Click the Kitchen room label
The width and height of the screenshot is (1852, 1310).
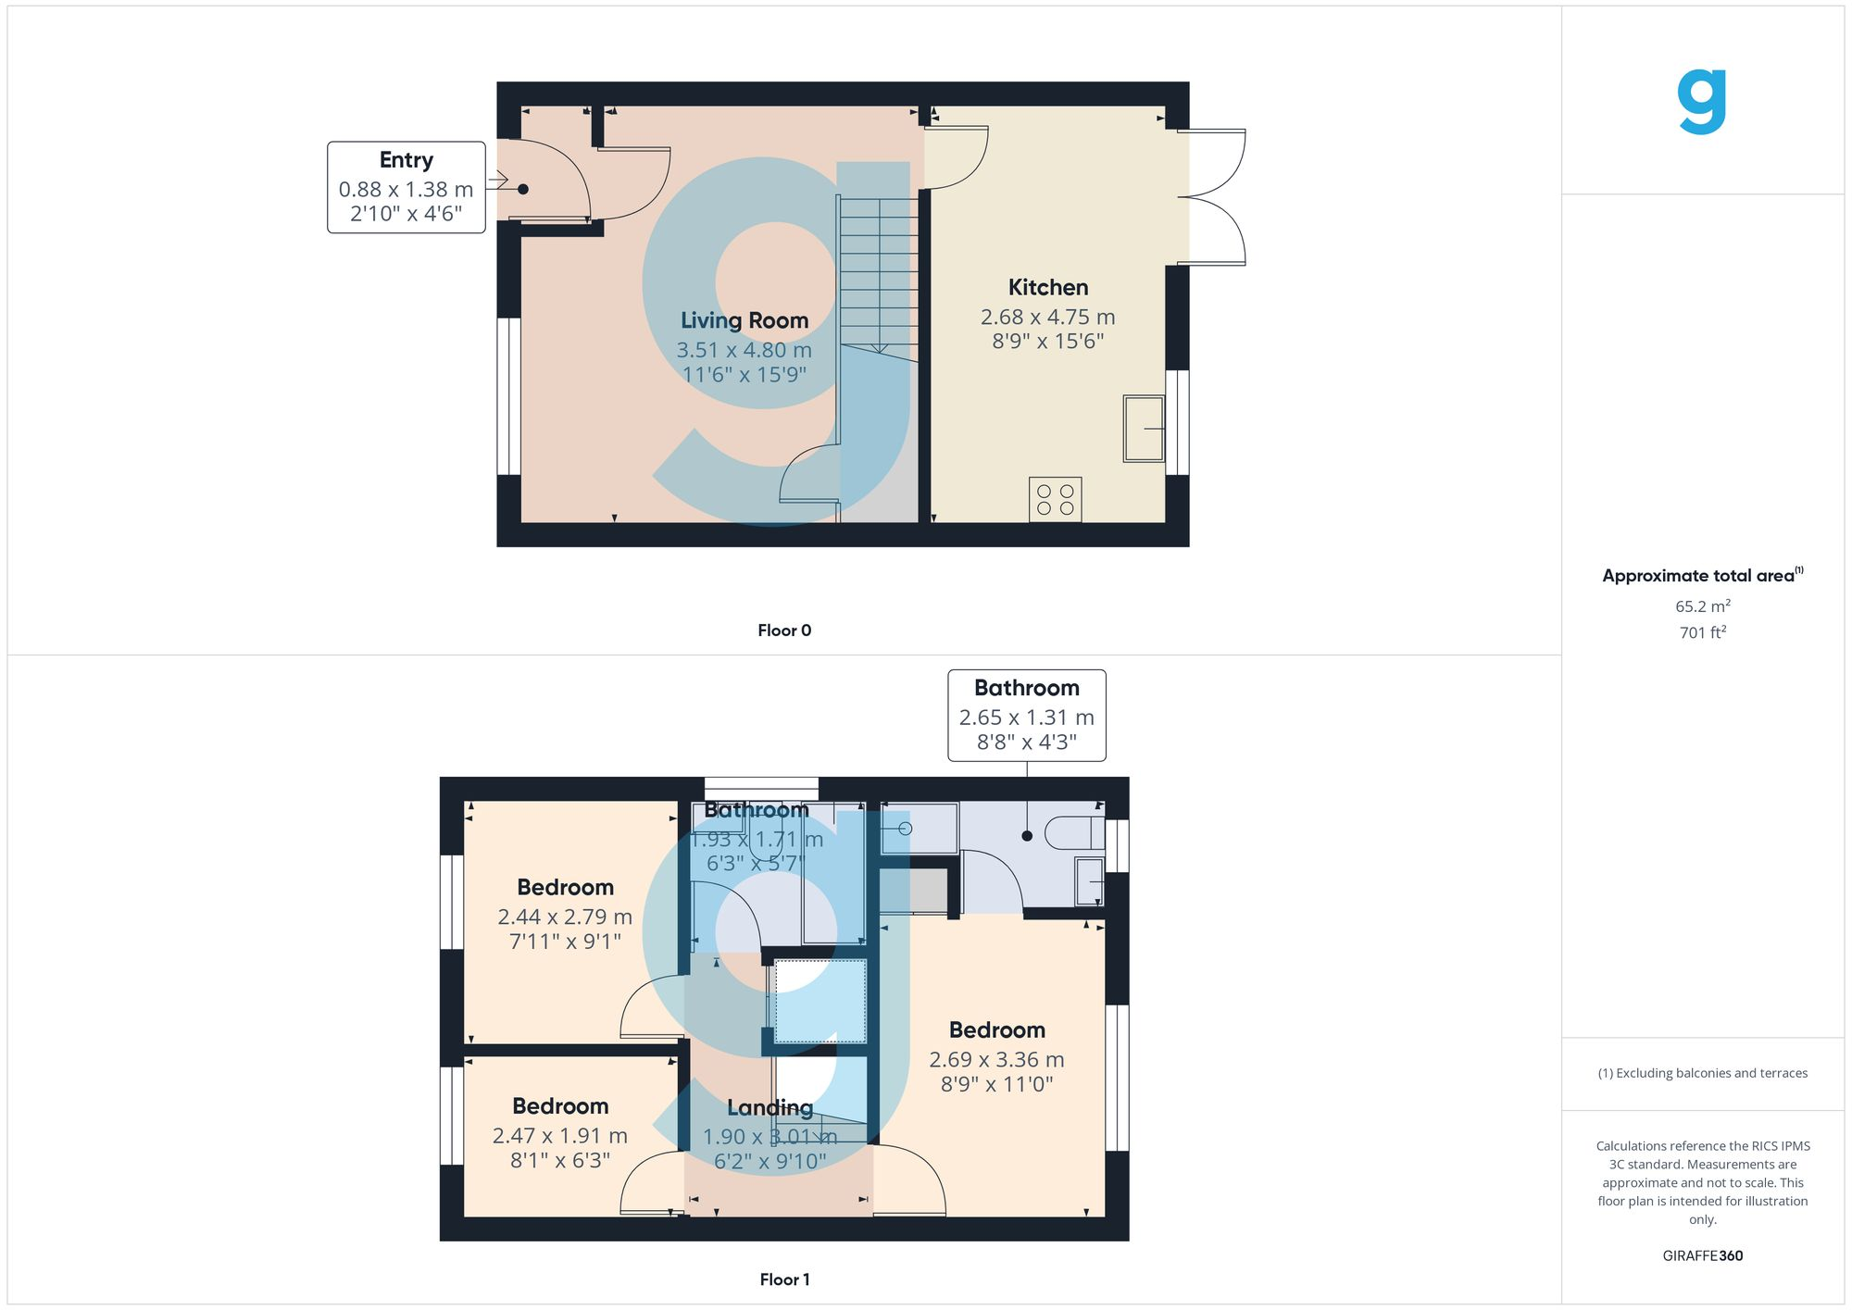coord(1047,287)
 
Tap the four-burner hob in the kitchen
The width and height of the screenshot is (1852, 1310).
coord(1055,500)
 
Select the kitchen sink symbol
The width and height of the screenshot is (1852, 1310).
coord(1144,428)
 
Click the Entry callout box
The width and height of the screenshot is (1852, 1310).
coord(406,187)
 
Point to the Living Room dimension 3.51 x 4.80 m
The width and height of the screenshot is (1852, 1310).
coord(744,350)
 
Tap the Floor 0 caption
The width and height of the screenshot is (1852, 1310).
coord(783,630)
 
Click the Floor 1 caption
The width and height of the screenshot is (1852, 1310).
coord(783,1279)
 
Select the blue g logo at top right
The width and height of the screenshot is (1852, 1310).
coord(1702,102)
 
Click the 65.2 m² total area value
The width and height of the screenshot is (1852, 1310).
coord(1702,606)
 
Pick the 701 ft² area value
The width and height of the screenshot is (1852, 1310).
coord(1702,632)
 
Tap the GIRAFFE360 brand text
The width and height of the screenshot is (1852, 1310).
coord(1702,1255)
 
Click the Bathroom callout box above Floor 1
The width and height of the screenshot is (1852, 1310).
coord(1026,715)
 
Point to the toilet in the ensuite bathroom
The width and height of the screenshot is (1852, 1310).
coord(1074,833)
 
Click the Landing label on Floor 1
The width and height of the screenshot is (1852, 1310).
coord(770,1107)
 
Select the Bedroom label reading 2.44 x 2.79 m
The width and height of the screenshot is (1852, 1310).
coord(565,887)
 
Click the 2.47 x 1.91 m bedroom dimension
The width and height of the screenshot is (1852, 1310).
coord(559,1136)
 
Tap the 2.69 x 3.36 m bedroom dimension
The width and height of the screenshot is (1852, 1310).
coord(996,1059)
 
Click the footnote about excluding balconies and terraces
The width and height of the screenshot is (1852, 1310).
coord(1702,1073)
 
